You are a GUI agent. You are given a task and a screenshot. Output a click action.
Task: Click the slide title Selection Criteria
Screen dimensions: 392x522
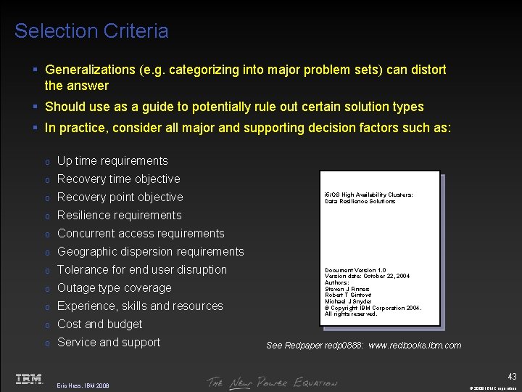pyautogui.click(x=91, y=31)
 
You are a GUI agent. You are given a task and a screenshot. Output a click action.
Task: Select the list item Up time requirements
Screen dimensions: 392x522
pyautogui.click(x=112, y=161)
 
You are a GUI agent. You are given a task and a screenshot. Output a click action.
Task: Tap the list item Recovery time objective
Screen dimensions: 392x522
pyautogui.click(x=118, y=179)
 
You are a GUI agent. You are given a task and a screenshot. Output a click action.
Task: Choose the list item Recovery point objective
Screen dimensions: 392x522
pyautogui.click(x=120, y=197)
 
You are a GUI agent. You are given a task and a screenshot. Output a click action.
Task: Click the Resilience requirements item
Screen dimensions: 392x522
pyautogui.click(x=119, y=216)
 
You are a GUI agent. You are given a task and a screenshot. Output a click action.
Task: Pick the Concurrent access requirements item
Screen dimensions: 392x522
pyautogui.click(x=141, y=234)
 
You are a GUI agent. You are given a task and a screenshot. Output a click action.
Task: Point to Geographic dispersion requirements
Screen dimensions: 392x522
pyautogui.click(x=150, y=252)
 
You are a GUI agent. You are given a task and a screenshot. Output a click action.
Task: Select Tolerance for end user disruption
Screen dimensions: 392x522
pyautogui.click(x=141, y=270)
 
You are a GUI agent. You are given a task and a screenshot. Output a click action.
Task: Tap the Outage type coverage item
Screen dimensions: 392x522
pyautogui.click(x=114, y=288)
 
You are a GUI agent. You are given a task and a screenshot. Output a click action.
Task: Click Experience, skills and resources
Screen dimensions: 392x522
pyautogui.click(x=140, y=306)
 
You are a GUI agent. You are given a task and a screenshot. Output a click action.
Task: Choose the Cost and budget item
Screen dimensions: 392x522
pyautogui.click(x=99, y=324)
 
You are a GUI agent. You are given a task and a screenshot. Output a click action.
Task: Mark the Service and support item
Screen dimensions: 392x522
pyautogui.click(x=109, y=343)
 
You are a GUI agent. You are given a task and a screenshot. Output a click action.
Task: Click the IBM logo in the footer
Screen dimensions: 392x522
pyautogui.click(x=29, y=379)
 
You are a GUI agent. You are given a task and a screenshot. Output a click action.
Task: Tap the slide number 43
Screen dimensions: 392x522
pyautogui.click(x=512, y=376)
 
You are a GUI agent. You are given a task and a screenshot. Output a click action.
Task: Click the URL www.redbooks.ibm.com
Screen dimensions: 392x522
pyautogui.click(x=415, y=346)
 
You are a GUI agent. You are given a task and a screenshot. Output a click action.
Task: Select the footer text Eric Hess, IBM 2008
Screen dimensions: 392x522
pyautogui.click(x=83, y=385)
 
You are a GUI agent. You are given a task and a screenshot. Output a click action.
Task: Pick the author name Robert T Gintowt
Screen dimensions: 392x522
pyautogui.click(x=348, y=295)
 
